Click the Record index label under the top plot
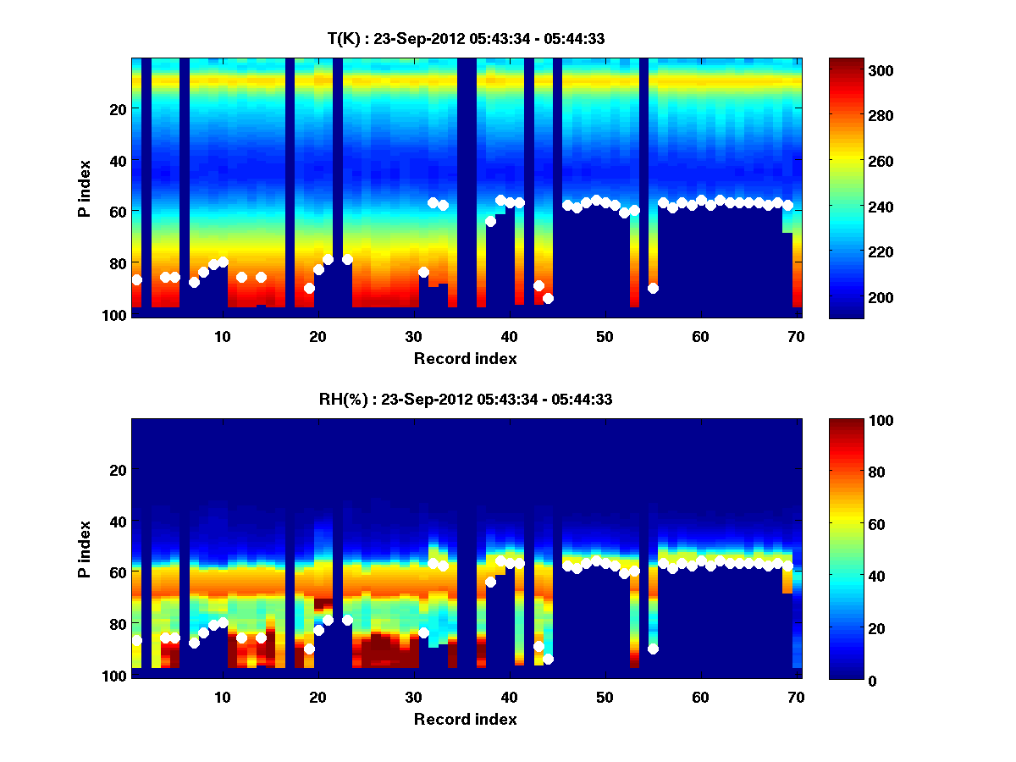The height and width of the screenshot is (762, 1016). [x=465, y=358]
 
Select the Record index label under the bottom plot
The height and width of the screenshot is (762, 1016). [x=465, y=719]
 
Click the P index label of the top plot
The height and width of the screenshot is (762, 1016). [x=85, y=188]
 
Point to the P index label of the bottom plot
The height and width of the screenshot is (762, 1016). [x=85, y=549]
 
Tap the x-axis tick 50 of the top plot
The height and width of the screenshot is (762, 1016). [x=605, y=336]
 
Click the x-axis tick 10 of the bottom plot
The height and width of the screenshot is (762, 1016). [x=222, y=697]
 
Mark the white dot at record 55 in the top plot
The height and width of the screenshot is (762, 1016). [x=653, y=288]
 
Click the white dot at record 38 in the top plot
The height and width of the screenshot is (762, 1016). [x=490, y=221]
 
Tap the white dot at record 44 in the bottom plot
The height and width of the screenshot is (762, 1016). [x=548, y=659]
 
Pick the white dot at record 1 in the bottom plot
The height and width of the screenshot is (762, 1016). [x=136, y=640]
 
